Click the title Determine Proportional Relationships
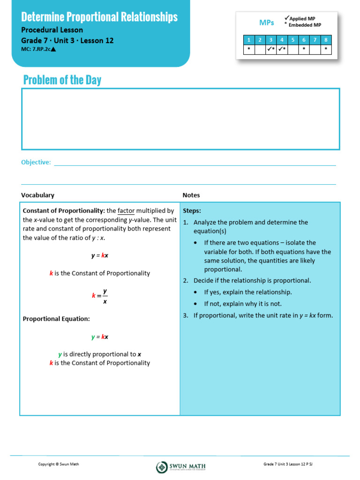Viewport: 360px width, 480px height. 99,17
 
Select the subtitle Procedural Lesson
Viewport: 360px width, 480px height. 52,30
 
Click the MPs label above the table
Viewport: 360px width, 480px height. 267,22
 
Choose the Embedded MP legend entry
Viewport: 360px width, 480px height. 304,25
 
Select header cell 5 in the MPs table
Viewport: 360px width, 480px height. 293,40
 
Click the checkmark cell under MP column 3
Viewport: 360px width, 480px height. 270,49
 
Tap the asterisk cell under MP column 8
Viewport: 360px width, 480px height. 326,49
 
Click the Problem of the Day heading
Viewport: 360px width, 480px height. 62,80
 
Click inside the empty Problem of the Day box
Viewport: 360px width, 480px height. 180,119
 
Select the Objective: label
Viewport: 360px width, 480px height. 36,162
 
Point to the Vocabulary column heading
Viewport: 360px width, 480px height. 37,195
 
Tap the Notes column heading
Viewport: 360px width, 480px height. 191,195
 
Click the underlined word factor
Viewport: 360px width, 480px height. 126,211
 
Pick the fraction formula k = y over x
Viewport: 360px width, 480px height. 100,296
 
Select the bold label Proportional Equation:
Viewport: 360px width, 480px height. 56,319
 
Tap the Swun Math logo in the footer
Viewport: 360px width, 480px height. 181,466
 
